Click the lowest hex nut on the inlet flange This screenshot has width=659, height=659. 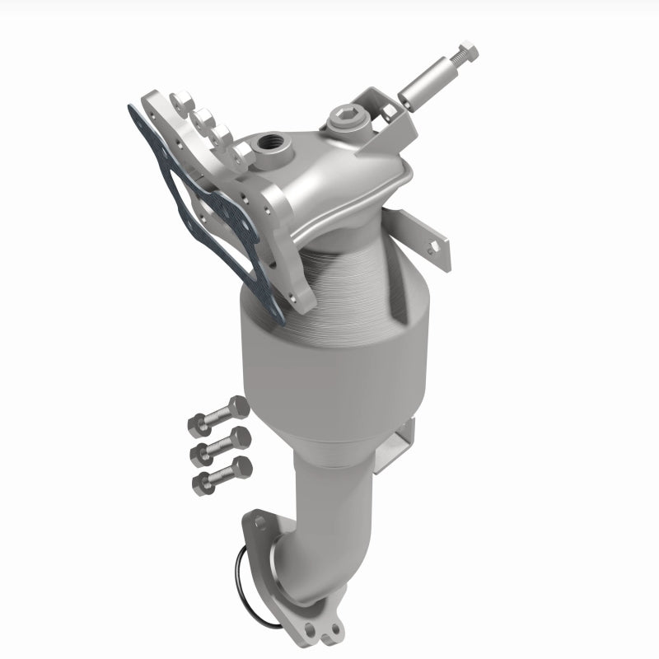pos(244,153)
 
